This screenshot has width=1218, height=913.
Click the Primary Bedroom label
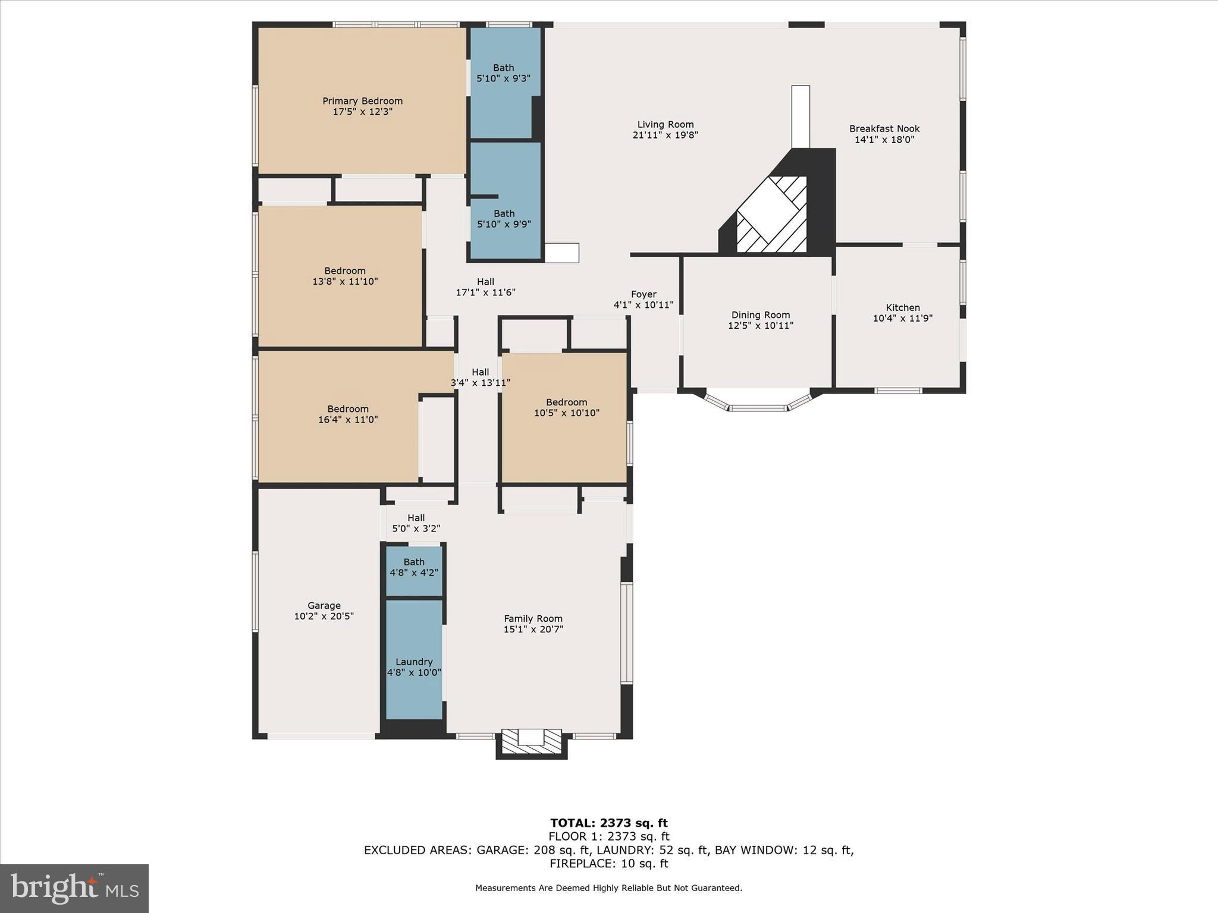[x=362, y=101]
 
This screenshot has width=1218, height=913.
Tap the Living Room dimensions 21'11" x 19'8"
[x=665, y=135]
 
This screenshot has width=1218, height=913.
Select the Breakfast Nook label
[x=884, y=128]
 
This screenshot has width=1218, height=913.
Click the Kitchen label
[x=902, y=307]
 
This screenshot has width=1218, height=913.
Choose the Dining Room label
[x=760, y=315]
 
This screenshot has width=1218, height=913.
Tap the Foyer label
[x=643, y=294]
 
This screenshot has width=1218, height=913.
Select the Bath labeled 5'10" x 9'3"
[x=503, y=73]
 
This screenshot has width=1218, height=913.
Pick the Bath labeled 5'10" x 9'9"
[x=504, y=219]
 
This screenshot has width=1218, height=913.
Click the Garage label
[x=324, y=606]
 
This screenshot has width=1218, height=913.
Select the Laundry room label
[x=413, y=662]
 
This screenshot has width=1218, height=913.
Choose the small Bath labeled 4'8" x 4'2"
[x=413, y=568]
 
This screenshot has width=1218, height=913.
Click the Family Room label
[x=533, y=619]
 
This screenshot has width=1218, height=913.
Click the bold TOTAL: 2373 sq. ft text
[x=608, y=823]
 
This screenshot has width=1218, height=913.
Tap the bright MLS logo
[x=74, y=888]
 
